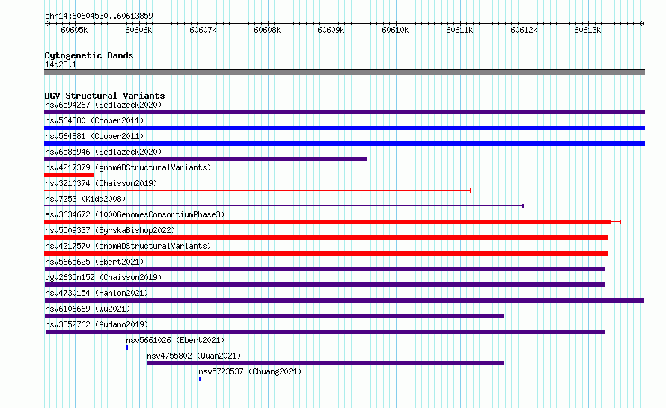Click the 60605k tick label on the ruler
point(74,30)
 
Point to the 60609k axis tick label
point(331,30)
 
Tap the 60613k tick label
point(587,30)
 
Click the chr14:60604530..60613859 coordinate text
point(99,16)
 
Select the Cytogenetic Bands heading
point(89,55)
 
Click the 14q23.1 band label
point(61,64)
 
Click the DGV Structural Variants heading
point(105,96)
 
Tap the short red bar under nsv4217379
point(70,175)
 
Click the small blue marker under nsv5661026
point(127,347)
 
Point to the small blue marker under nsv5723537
point(200,379)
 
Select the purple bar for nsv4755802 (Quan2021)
point(326,363)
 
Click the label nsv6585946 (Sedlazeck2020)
point(103,152)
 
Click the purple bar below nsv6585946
point(206,159)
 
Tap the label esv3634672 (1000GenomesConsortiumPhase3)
point(135,214)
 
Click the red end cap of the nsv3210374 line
point(471,191)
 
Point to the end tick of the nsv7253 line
point(523,206)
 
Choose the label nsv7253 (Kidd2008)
point(85,199)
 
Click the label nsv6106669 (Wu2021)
point(88,309)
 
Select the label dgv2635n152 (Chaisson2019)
point(103,277)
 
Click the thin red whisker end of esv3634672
point(620,222)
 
